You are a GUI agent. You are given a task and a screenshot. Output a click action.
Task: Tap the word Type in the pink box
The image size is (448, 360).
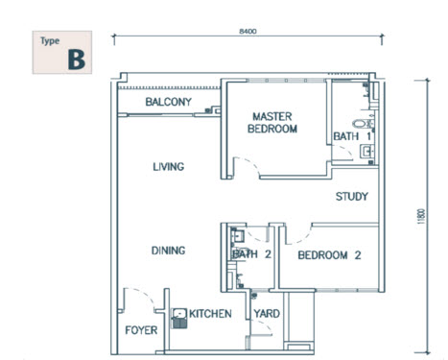coord(49,41)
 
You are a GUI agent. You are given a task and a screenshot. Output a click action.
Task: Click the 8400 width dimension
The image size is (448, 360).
coord(248,32)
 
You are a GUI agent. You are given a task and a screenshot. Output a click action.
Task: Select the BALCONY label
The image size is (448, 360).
coord(168,103)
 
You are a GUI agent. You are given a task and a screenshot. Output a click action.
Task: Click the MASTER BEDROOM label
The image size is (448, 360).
coord(271,122)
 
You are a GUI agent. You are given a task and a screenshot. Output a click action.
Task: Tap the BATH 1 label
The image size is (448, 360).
coord(347,136)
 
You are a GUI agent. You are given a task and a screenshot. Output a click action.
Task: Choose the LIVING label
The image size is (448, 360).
coord(168,167)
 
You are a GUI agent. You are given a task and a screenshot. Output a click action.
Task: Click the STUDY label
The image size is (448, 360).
coord(351,198)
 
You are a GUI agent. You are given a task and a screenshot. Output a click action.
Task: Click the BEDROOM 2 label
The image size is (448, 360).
coord(328,255)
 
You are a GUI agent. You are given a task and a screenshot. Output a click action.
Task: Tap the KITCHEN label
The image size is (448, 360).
coord(211,314)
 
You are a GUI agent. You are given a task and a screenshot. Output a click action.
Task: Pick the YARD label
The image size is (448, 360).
coord(267,314)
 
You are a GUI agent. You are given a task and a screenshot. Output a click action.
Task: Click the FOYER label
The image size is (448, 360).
coord(141,331)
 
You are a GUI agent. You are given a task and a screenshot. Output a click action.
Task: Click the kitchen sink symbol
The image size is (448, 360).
coord(179,318)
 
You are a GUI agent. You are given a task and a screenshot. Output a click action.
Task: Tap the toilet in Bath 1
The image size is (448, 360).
coord(362,124)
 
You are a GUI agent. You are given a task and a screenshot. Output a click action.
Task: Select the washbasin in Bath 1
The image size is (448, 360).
coord(367,151)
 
